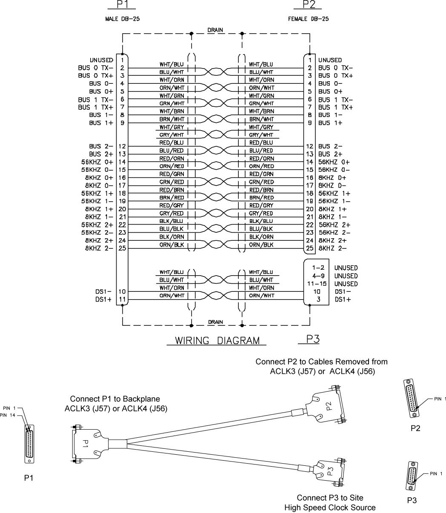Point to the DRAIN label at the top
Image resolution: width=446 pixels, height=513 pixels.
[216, 30]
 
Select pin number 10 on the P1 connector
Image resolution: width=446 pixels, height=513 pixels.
[121, 292]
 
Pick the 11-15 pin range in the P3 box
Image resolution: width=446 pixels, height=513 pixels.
[316, 284]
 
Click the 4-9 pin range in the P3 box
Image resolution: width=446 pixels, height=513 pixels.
[316, 276]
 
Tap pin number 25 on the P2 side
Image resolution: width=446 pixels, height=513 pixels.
[310, 248]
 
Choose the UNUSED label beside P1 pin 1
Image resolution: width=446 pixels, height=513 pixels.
[100, 60]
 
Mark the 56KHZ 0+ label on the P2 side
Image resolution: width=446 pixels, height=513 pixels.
[334, 162]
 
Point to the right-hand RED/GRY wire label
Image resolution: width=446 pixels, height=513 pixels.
[261, 205]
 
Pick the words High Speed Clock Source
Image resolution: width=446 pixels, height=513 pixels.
[330, 507]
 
